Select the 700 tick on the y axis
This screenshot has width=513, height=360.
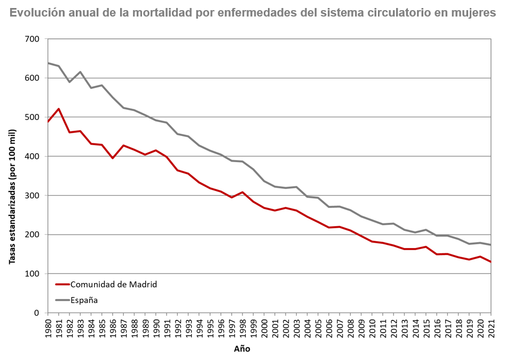click(33, 39)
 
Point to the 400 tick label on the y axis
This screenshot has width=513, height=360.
click(33, 156)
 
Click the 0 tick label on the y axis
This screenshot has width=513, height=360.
click(37, 313)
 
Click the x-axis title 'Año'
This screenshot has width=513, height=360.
click(242, 349)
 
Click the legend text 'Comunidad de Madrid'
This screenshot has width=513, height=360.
click(114, 284)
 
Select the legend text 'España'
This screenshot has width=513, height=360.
click(84, 300)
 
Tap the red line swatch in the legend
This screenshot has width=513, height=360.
click(62, 284)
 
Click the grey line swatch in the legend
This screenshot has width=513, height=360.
click(62, 300)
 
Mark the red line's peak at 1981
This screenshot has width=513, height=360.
click(59, 109)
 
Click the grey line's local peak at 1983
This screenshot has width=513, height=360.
click(80, 72)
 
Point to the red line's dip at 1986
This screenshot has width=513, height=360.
click(113, 158)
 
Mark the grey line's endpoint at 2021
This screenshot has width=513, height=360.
click(491, 245)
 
